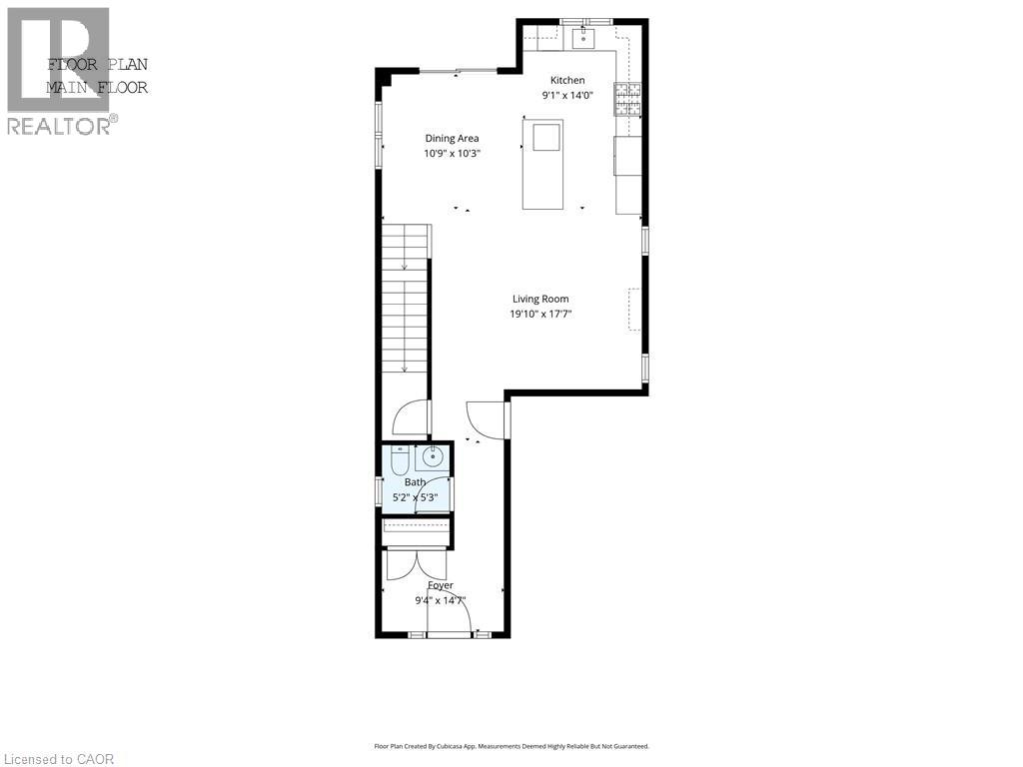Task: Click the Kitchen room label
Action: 567,80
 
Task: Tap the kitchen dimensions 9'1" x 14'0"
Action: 567,97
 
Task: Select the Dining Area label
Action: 452,138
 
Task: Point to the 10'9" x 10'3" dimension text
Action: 452,154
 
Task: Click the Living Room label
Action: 540,299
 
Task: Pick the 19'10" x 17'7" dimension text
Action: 540,314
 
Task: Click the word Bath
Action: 415,482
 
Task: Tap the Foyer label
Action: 441,585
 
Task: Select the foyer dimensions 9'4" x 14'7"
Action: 441,600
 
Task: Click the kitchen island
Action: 542,164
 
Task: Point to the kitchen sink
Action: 580,39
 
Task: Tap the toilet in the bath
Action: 399,460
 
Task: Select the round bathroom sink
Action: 433,458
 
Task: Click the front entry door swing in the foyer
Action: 450,610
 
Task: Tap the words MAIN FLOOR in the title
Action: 97,87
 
